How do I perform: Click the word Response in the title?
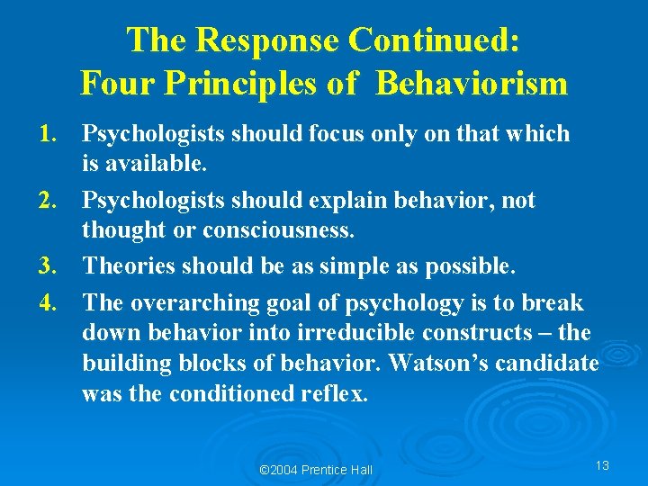point(270,40)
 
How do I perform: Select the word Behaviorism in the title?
point(472,84)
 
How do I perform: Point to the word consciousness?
point(279,231)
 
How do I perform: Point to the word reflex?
point(335,394)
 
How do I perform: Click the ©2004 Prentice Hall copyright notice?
point(315,470)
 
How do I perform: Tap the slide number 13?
point(602,465)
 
